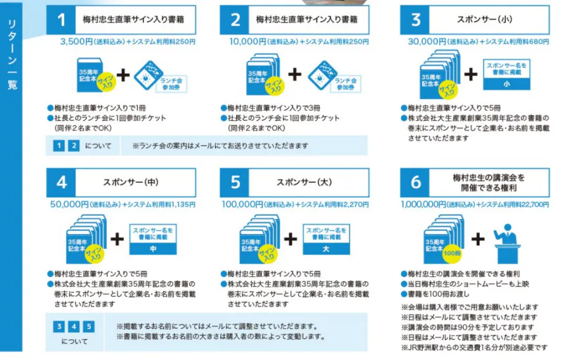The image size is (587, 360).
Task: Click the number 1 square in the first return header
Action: click(x=61, y=20)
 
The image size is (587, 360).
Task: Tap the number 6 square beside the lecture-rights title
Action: click(x=416, y=183)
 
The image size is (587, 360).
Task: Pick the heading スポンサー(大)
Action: click(x=304, y=183)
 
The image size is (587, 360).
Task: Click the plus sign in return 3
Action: click(x=471, y=74)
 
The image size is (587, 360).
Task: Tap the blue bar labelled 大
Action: click(x=326, y=249)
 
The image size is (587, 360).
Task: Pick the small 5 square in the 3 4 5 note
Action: click(x=88, y=327)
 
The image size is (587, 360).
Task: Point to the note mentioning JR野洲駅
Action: click(x=474, y=347)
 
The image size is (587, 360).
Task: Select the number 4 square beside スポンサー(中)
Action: click(x=61, y=183)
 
